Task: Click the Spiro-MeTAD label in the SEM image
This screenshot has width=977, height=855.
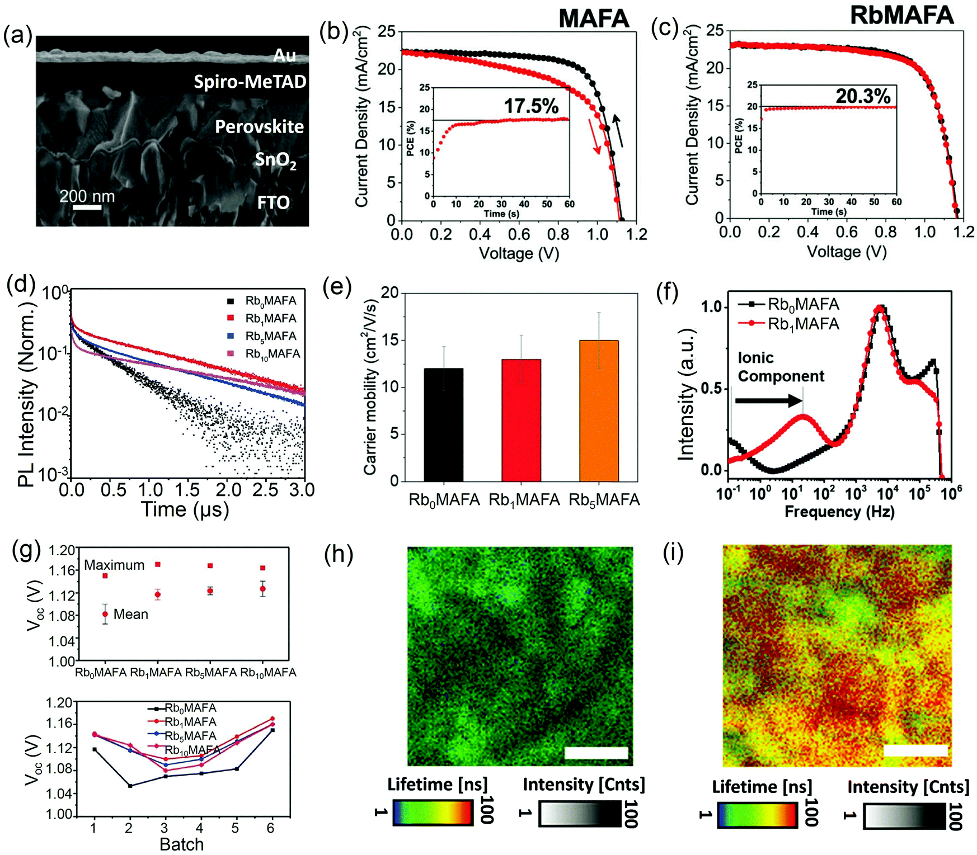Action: [x=250, y=82]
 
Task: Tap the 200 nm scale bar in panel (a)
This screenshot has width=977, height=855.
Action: [x=87, y=207]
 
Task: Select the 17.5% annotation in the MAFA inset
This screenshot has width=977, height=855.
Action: [x=531, y=106]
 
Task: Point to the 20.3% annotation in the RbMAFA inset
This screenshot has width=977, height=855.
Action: [x=863, y=96]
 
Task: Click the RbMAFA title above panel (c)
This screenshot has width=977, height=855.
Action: [x=901, y=15]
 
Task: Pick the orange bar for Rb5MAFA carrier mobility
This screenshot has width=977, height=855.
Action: [x=599, y=411]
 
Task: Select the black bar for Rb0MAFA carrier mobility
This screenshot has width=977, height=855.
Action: [x=443, y=425]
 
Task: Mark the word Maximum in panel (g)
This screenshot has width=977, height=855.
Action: [x=114, y=565]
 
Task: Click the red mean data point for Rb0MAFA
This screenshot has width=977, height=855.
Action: [x=105, y=614]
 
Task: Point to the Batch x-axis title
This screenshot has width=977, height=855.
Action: [x=181, y=844]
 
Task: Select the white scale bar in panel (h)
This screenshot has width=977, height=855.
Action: [x=596, y=753]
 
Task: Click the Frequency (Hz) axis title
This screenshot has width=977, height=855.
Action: [x=839, y=512]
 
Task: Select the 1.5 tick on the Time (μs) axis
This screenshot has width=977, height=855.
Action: [x=187, y=490]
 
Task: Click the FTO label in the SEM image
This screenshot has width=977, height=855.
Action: [x=273, y=202]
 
